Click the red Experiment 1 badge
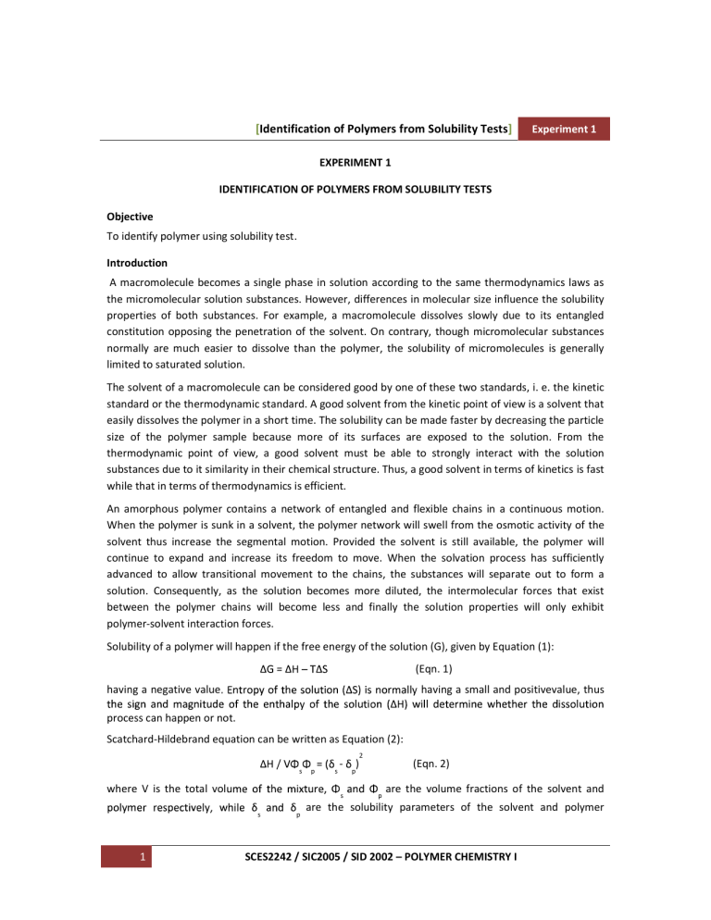coord(567,130)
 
